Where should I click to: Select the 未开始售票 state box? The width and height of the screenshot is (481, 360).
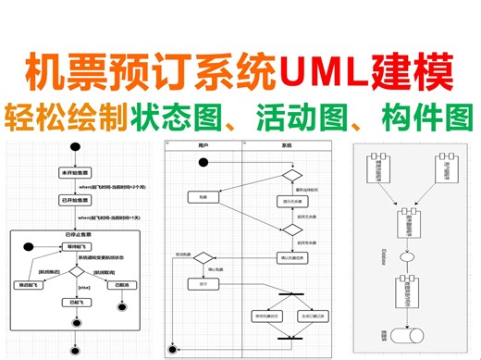76,173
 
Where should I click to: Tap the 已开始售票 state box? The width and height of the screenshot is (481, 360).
76,200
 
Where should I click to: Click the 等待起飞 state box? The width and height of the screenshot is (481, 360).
76,246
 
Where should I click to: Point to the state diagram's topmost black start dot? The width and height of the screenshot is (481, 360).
76,151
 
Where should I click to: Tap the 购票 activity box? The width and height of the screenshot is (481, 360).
203,196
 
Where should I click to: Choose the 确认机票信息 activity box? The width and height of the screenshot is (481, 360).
288,256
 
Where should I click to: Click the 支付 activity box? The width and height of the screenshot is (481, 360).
203,285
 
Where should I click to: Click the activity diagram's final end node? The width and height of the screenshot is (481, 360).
172,348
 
